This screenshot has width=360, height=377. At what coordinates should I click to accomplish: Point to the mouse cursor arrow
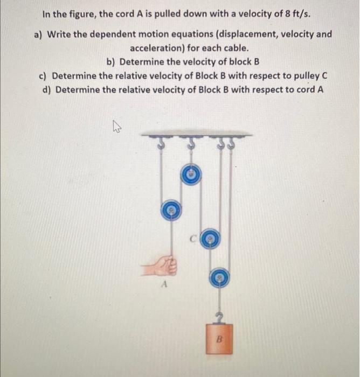click(x=115, y=127)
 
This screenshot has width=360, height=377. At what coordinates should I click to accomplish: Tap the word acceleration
click(x=157, y=47)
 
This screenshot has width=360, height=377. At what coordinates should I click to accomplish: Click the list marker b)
click(x=112, y=61)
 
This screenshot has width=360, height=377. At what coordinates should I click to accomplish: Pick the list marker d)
click(x=47, y=89)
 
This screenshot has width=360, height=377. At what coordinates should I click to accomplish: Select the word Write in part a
click(x=60, y=34)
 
